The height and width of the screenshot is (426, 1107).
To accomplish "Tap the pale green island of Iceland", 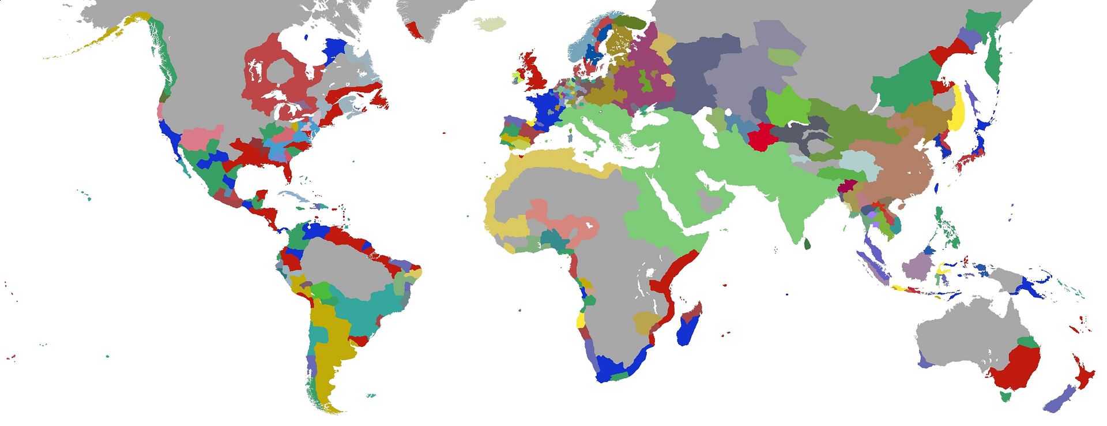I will click(490, 24).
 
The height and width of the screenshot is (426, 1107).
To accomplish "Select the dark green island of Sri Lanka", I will click(807, 245).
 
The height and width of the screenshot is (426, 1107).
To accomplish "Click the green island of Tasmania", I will click(1006, 396).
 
